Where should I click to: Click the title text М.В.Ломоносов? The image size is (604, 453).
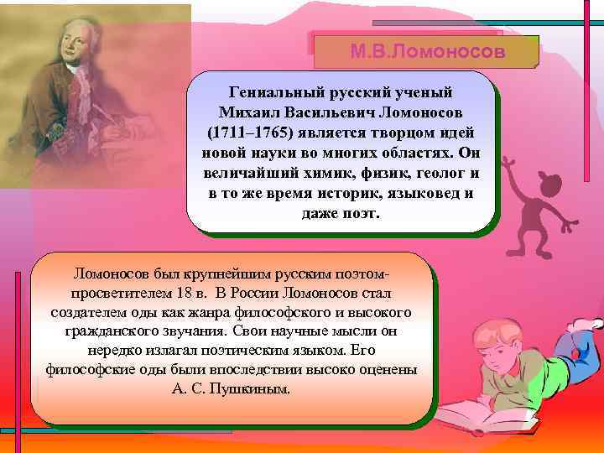click(427, 52)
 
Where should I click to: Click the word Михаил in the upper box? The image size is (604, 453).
click(251, 112)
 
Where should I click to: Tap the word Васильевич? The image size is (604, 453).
click(333, 112)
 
